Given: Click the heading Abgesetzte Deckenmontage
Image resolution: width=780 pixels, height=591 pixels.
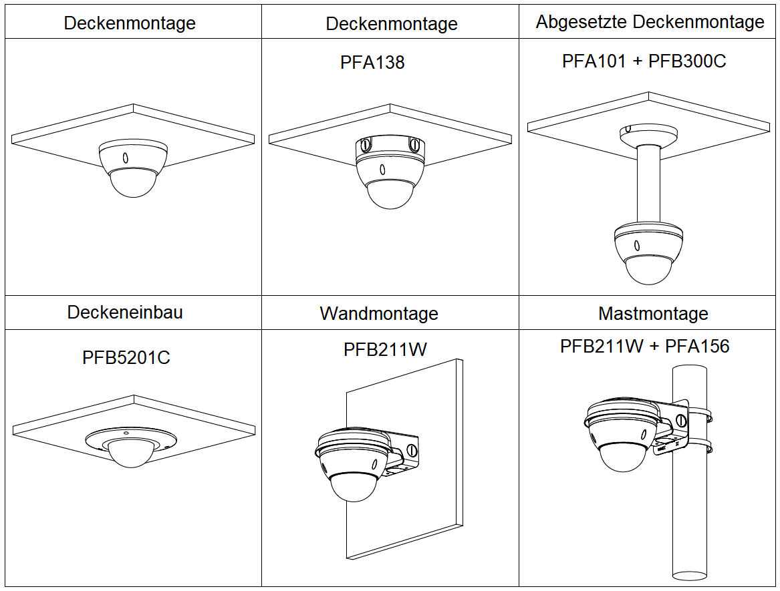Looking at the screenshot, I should (x=650, y=22).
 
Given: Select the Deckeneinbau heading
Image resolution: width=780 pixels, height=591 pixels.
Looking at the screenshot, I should (x=125, y=312).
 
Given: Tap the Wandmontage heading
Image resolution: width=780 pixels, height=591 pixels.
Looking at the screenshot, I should (x=379, y=313).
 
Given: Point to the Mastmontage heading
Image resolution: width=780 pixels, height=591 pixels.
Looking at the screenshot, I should (x=653, y=313).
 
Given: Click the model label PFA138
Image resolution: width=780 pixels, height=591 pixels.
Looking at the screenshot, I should (x=372, y=62).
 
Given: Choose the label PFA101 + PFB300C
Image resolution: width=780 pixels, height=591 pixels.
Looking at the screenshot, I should (x=644, y=61).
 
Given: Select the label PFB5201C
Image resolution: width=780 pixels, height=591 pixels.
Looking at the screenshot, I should (x=126, y=357).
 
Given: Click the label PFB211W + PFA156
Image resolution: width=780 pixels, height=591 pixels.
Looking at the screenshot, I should (x=644, y=346).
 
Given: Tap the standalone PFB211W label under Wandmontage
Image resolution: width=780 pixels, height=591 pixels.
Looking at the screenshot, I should (x=385, y=349).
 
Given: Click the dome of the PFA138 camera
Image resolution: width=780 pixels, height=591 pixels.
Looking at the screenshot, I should (x=390, y=194).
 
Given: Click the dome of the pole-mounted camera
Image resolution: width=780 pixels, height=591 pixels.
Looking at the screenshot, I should (x=622, y=457).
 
